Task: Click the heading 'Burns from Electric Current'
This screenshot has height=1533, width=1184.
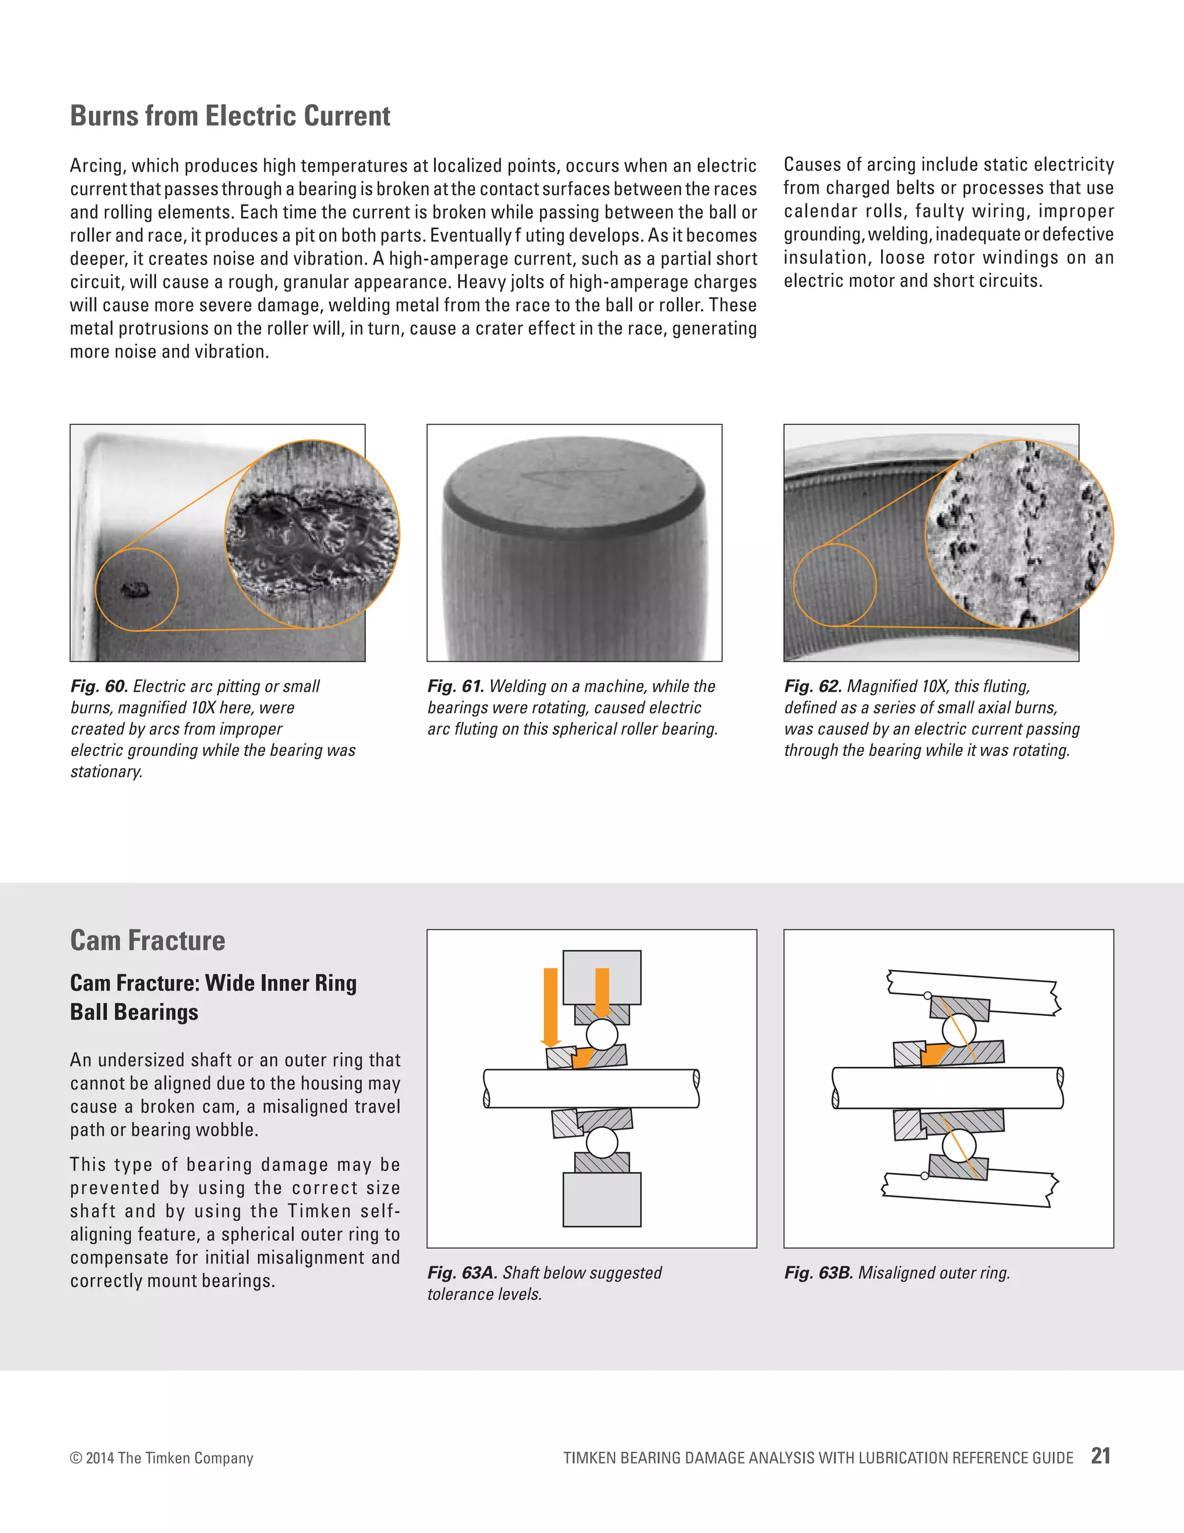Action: (x=230, y=116)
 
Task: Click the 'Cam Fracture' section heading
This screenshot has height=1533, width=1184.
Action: (x=147, y=941)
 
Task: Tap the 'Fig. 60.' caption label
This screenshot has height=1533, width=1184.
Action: (x=99, y=687)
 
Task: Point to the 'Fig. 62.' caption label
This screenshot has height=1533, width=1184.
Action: (x=813, y=687)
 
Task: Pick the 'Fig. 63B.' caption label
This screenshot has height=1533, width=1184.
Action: (x=819, y=1273)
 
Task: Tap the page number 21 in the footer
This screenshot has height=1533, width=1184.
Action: (x=1101, y=1456)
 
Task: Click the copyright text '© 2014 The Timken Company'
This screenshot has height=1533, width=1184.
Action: (x=161, y=1458)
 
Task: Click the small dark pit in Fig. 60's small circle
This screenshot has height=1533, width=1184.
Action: (x=135, y=589)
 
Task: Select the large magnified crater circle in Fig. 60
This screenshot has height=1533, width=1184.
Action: (x=312, y=533)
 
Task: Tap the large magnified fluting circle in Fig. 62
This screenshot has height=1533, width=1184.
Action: (x=1019, y=533)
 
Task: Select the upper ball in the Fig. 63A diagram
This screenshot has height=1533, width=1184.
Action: (x=602, y=1034)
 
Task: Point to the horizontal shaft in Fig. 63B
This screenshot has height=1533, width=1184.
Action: (x=947, y=1088)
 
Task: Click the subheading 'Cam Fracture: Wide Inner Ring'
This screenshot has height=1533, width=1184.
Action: (x=213, y=983)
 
